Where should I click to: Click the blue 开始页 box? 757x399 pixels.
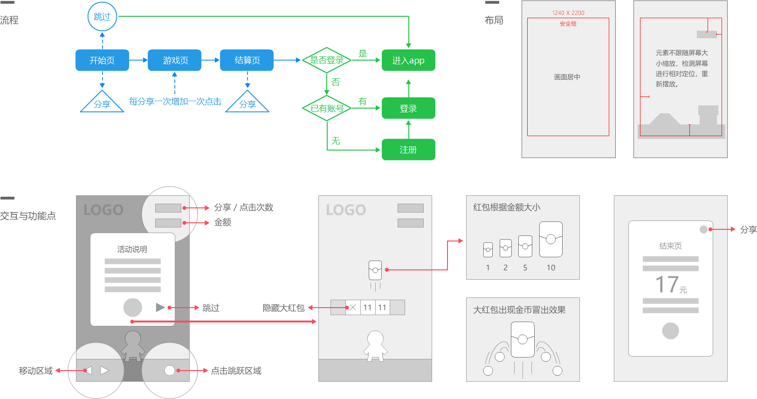[x=102, y=60]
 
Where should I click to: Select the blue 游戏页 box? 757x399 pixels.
[x=174, y=60]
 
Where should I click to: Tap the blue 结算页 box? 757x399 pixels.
[x=247, y=60]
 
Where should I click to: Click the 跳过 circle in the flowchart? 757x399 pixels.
[x=102, y=17]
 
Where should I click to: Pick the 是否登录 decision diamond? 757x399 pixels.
[x=327, y=60]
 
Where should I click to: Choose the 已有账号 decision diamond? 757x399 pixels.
[x=327, y=108]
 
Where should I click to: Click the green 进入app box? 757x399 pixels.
[x=408, y=60]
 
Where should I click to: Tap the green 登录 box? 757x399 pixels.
[x=408, y=108]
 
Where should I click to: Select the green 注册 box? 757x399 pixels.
[x=408, y=150]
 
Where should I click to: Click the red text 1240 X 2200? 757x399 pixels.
[x=568, y=13]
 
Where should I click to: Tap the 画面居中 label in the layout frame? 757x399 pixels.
[x=567, y=77]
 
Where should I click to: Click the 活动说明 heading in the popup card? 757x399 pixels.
[x=132, y=249]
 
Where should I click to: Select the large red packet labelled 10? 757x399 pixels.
[x=551, y=240]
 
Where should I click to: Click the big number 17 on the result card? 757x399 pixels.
[x=667, y=284]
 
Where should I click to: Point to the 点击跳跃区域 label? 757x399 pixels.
[x=236, y=371]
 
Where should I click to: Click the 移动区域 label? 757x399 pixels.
[x=36, y=371]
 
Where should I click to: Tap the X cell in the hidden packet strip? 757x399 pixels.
[x=353, y=307]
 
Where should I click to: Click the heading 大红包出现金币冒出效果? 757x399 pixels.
[x=519, y=310]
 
